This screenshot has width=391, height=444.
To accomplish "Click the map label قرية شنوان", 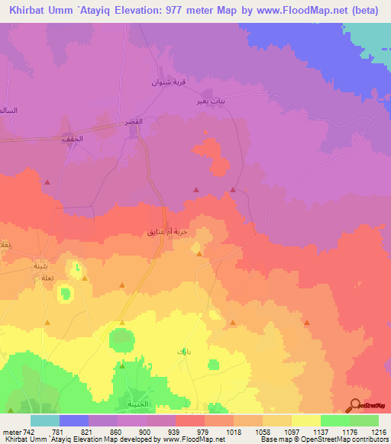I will pos(165,82).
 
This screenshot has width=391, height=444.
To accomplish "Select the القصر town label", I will pos(134,122).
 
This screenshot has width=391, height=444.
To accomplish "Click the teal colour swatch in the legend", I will pos(44,420).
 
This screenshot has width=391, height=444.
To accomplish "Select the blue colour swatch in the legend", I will pos(73,420).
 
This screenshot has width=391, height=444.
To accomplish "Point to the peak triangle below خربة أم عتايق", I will pos(199,254).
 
